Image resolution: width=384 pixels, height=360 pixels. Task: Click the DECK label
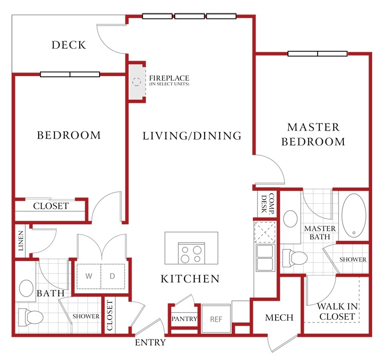(69, 45)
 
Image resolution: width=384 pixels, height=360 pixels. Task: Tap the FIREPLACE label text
(169, 78)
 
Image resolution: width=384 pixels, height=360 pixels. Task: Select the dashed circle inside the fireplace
(137, 82)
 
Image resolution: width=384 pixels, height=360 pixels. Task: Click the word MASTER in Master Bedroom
(313, 127)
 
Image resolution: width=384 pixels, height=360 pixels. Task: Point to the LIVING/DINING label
(192, 136)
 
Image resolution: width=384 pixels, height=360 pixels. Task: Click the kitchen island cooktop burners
(192, 254)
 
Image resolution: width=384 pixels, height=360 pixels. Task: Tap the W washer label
(89, 276)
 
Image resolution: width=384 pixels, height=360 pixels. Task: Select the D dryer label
(112, 276)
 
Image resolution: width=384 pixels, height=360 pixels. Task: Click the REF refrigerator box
(216, 318)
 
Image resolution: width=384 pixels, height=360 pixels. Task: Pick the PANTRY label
(185, 318)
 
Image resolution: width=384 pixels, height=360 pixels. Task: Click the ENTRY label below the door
(151, 343)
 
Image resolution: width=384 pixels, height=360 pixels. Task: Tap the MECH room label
(279, 318)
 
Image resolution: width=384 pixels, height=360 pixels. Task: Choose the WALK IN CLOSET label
(337, 311)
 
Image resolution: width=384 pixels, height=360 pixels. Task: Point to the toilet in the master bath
(295, 258)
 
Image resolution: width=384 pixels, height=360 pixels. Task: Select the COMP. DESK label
(267, 204)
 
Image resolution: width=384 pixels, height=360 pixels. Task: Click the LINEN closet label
(21, 241)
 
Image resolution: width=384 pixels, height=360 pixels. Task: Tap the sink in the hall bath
(26, 288)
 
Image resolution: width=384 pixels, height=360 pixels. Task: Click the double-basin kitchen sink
(265, 258)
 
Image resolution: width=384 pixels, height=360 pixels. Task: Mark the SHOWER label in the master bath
(353, 259)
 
